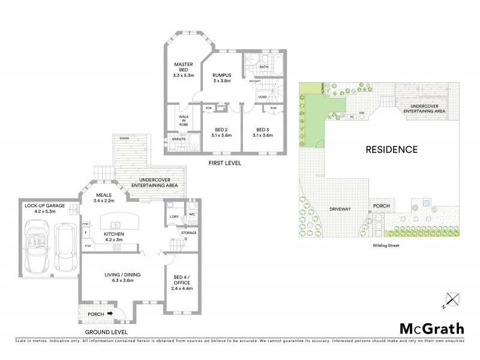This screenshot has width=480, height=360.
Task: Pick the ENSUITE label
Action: [x=179, y=139]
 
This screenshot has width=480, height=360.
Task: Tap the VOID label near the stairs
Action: [x=262, y=97]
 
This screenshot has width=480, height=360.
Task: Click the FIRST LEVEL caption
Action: [x=224, y=163]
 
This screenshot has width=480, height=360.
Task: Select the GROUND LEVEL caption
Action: [x=106, y=331]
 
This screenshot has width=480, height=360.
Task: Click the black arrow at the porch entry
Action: [x=109, y=313]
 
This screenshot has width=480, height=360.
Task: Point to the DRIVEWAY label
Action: [x=339, y=209]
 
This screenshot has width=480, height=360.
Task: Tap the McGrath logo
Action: [x=431, y=328]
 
